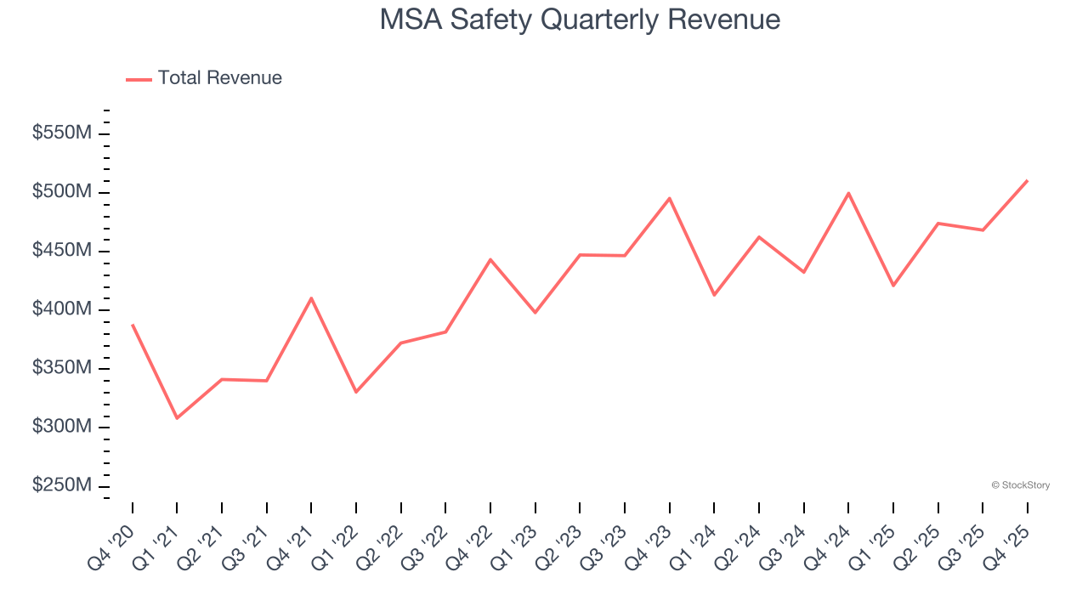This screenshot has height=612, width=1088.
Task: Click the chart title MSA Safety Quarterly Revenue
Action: click(580, 20)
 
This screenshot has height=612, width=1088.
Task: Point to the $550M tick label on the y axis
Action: click(62, 133)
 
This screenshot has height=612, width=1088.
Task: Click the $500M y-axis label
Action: click(62, 192)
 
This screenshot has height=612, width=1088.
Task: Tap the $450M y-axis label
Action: click(62, 251)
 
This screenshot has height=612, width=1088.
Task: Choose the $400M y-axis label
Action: click(62, 309)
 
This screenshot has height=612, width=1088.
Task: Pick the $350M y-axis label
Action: click(62, 368)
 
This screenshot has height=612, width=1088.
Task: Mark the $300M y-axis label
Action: click(62, 427)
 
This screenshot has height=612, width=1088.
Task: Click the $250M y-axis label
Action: click(62, 485)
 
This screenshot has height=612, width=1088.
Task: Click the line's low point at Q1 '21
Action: click(177, 418)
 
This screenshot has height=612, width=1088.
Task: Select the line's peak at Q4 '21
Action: click(311, 297)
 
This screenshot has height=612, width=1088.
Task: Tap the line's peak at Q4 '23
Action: click(670, 198)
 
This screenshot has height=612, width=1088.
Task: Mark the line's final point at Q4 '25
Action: click(1028, 180)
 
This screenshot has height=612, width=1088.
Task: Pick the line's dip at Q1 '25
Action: click(893, 286)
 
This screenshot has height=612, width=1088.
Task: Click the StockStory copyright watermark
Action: click(1020, 485)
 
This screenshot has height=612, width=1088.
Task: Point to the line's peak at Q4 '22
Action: click(490, 259)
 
